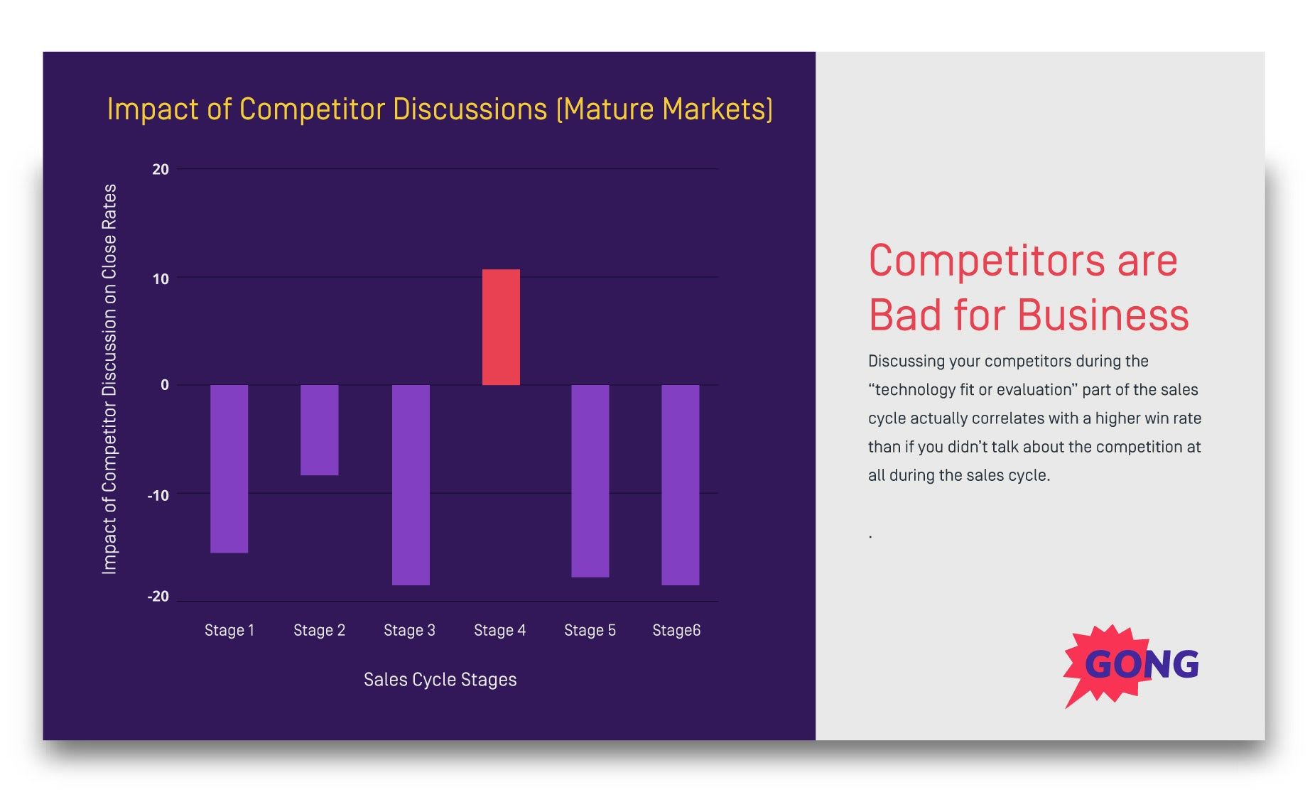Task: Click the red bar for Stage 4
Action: coord(501,327)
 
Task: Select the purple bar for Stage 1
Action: coord(229,468)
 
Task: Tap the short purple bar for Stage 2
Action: coord(319,430)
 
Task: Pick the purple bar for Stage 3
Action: coord(411,484)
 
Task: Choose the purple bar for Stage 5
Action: coord(590,481)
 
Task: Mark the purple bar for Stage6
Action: coord(680,484)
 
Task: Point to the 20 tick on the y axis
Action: coord(161,169)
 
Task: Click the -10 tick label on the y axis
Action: coord(158,495)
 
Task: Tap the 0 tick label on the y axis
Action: coord(165,385)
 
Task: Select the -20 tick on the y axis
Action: coord(158,597)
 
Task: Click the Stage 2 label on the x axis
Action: coord(319,630)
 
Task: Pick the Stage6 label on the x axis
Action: coord(676,630)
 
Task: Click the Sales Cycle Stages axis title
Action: coord(440,680)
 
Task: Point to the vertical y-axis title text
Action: coord(109,379)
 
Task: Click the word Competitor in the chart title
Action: coord(313,109)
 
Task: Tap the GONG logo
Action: coord(1132,664)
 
